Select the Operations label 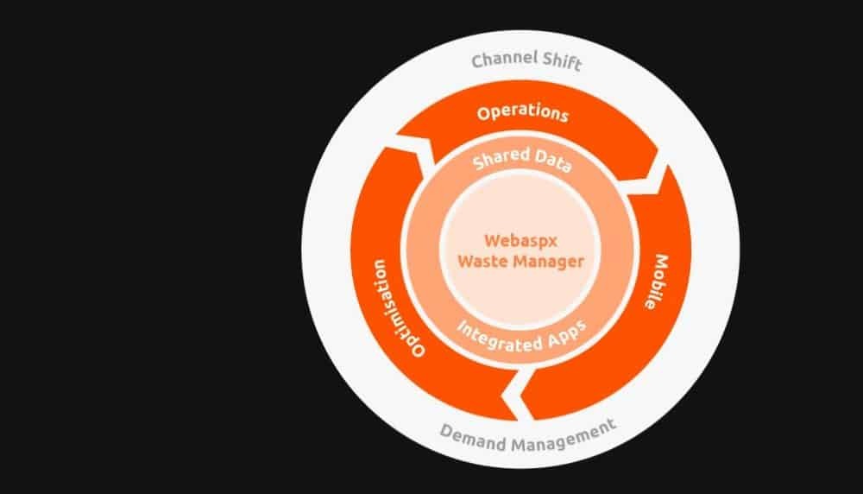[x=523, y=113]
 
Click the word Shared [x=498, y=161]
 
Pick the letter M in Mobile [x=663, y=259]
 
